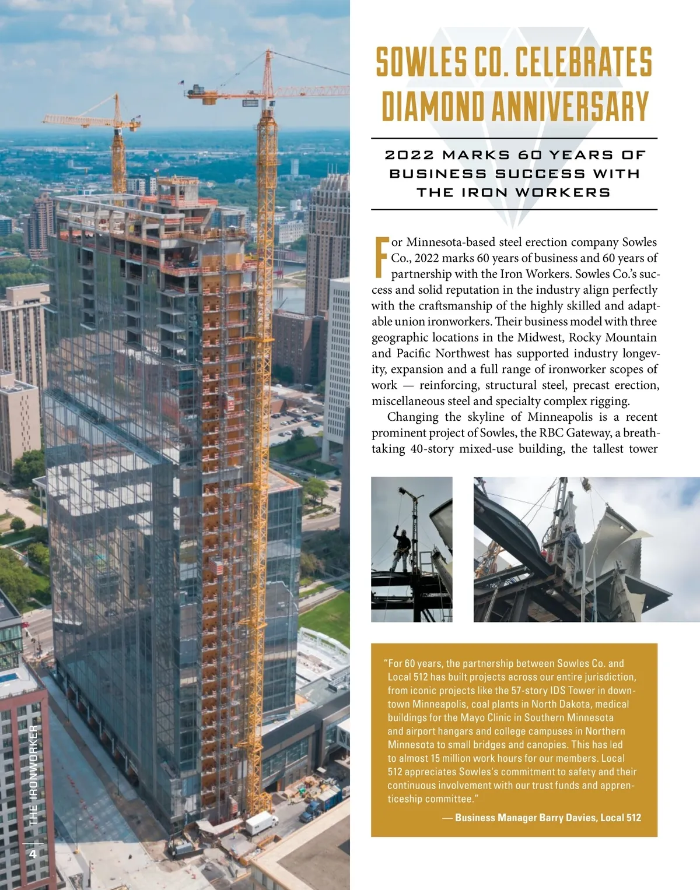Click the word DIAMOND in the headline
(433, 107)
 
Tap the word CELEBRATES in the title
(583, 63)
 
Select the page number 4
(33, 854)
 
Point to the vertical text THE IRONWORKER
(33, 775)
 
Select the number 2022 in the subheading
(409, 155)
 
